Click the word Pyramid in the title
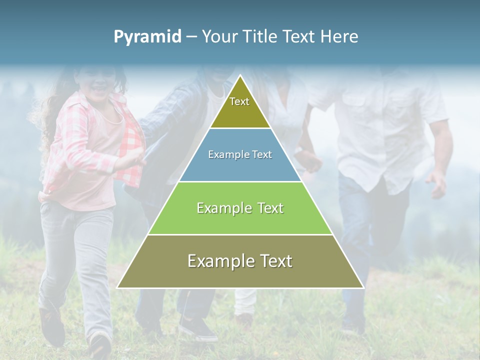147,37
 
